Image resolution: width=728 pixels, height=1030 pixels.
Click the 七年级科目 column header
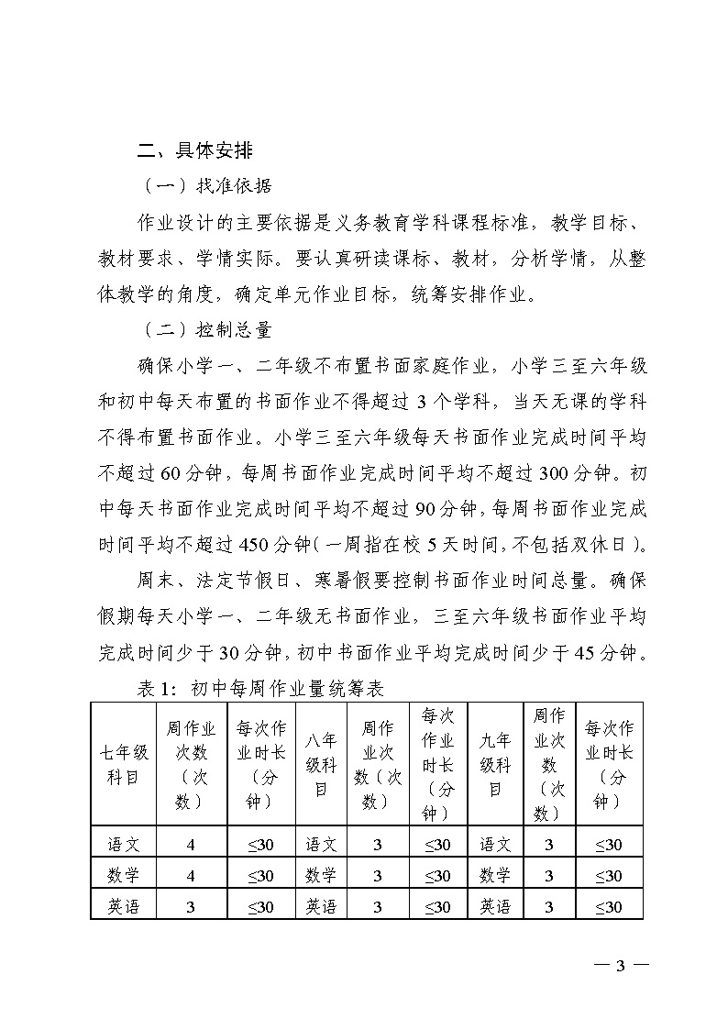coord(124,764)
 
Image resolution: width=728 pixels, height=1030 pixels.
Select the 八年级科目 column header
coord(321,764)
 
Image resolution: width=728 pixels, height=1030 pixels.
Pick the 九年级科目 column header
coord(495,764)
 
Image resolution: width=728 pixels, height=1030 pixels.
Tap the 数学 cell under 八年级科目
coord(321,875)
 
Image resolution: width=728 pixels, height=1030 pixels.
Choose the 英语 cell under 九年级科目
coord(495,906)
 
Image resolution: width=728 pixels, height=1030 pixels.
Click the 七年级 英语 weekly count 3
coord(191,906)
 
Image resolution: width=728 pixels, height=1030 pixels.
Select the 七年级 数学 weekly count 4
coord(191,875)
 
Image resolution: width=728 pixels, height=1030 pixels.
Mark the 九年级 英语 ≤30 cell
coord(609,906)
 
